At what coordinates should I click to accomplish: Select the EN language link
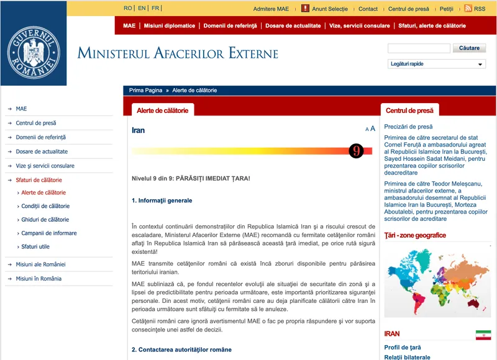click(x=142, y=9)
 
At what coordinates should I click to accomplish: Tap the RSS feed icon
click(x=467, y=9)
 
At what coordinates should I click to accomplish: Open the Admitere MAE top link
click(x=271, y=9)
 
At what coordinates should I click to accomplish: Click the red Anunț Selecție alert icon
click(x=305, y=9)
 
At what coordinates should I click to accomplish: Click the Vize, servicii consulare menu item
click(x=360, y=26)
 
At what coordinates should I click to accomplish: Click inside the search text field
click(x=419, y=48)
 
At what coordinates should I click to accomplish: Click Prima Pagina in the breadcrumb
click(x=145, y=91)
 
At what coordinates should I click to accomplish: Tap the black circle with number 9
click(x=356, y=151)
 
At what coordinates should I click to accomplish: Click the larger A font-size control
click(x=373, y=128)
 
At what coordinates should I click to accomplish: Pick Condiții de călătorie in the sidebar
click(x=45, y=206)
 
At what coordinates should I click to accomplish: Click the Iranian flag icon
click(x=483, y=335)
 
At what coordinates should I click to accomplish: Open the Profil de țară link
click(x=403, y=348)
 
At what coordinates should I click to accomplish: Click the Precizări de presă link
click(x=408, y=127)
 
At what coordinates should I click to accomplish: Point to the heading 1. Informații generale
click(x=162, y=200)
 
